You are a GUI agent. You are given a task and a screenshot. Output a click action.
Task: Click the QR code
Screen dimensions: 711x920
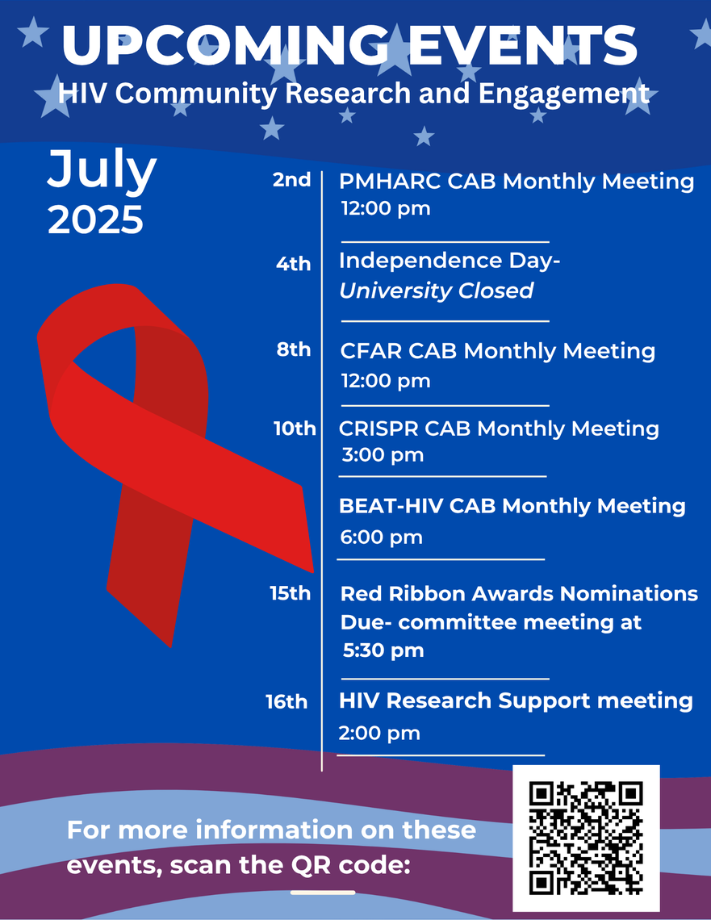(x=586, y=838)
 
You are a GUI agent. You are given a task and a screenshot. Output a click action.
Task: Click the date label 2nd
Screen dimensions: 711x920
(x=291, y=179)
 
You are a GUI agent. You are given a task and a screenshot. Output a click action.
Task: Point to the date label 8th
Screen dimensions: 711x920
(x=294, y=349)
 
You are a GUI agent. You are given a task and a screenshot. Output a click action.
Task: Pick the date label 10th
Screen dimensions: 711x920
(x=295, y=429)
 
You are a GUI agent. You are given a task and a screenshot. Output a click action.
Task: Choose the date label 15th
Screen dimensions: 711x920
(x=291, y=593)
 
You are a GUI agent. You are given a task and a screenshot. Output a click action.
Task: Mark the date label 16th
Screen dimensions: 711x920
(x=286, y=702)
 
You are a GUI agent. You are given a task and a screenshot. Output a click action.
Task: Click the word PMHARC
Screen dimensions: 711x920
(x=390, y=182)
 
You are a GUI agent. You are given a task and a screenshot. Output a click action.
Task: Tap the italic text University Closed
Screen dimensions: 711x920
(x=437, y=291)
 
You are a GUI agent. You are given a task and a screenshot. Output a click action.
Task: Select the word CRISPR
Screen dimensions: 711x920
(x=379, y=429)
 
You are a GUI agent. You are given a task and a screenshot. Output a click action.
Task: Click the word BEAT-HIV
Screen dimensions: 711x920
(x=391, y=506)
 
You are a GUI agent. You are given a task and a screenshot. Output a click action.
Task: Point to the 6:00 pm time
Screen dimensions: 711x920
(x=381, y=537)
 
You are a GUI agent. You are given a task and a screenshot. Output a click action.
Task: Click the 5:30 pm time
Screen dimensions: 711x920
(x=383, y=650)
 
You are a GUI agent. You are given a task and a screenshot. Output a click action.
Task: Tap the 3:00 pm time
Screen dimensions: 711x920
(x=383, y=454)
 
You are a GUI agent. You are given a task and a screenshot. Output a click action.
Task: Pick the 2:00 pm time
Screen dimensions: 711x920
(x=379, y=733)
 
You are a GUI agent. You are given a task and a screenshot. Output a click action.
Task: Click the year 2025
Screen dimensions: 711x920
(x=95, y=220)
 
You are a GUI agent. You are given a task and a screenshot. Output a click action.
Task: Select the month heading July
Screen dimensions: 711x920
(x=102, y=171)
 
